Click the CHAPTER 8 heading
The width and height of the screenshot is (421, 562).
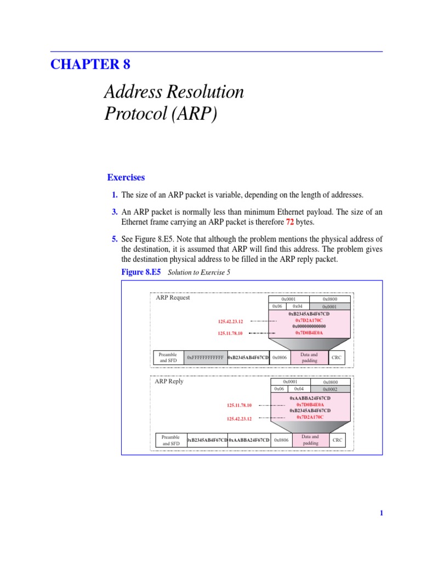tap(90, 64)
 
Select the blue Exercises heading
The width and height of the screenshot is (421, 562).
tap(126, 177)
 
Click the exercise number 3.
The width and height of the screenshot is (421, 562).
tap(115, 212)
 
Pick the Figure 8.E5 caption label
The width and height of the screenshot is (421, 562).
tap(141, 272)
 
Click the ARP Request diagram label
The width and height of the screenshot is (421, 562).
tap(173, 297)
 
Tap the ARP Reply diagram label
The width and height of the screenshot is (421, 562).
tap(169, 381)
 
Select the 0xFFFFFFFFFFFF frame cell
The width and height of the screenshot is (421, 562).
tap(205, 358)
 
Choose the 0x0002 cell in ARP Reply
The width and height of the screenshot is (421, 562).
tap(330, 389)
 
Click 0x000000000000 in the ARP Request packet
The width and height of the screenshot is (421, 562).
tap(309, 326)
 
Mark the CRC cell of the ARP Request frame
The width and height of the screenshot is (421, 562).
tap(337, 358)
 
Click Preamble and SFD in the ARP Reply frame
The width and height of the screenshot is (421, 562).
tap(172, 440)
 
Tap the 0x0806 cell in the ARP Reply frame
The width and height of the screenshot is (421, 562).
tap(281, 440)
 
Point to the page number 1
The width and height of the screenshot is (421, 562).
tap(381, 513)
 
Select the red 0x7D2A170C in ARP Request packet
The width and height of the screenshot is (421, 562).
tap(309, 320)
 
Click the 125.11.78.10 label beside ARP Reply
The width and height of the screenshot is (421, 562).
tap(239, 405)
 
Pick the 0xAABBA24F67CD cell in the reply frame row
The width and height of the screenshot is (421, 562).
tap(249, 440)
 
